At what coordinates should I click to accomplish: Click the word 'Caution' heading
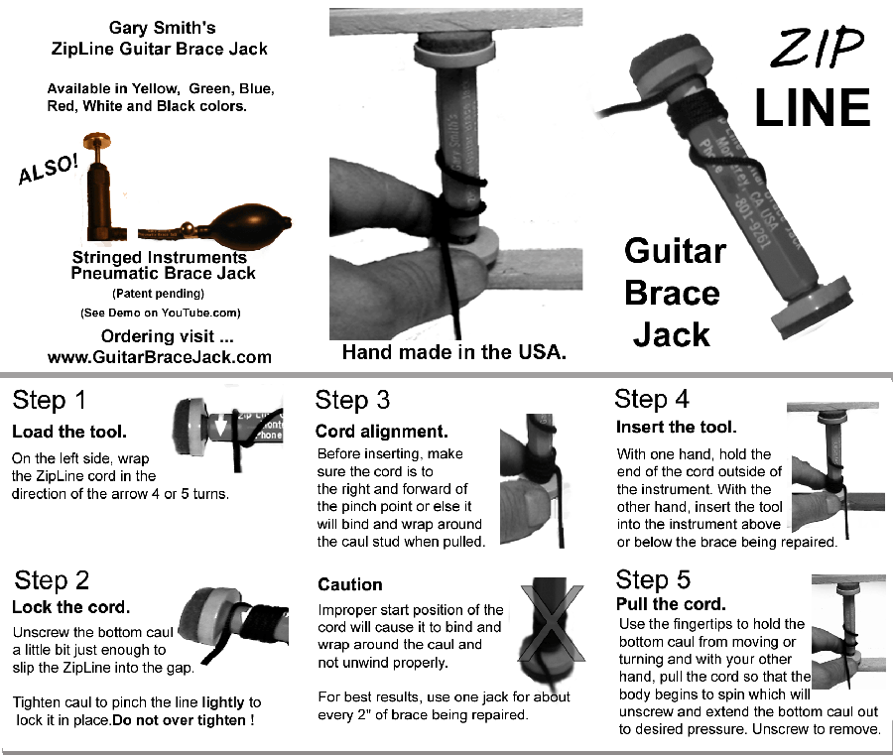349,584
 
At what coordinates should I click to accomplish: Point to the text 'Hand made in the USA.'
453,351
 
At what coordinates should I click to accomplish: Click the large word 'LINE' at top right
811,107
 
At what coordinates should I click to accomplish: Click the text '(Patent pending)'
159,294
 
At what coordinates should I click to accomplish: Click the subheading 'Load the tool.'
69,433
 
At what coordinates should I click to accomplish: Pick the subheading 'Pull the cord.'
671,604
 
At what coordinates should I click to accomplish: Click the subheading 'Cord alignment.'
382,432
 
